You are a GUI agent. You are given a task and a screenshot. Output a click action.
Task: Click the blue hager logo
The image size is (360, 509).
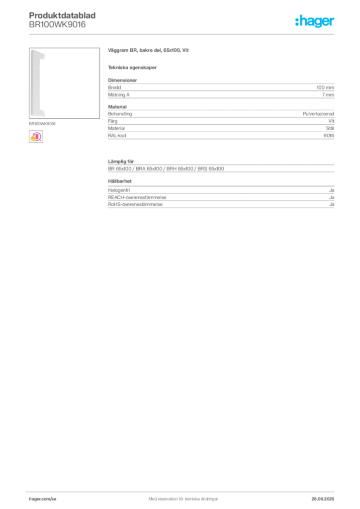coord(315,22)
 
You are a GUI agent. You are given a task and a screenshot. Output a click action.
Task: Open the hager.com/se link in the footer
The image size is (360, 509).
coord(43,498)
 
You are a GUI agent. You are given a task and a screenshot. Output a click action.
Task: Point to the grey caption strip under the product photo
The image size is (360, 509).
coord(43,123)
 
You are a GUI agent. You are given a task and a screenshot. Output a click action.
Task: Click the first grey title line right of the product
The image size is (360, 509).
coord(149,50)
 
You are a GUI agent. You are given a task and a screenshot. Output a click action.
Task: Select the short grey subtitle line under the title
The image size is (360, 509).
coord(133,68)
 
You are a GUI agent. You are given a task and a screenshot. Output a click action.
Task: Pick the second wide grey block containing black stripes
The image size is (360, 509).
coord(220,125)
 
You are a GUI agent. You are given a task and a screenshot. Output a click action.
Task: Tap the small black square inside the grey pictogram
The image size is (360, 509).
coord(121,175)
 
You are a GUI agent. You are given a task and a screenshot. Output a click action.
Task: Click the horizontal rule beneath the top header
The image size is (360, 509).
coord(182,34)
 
